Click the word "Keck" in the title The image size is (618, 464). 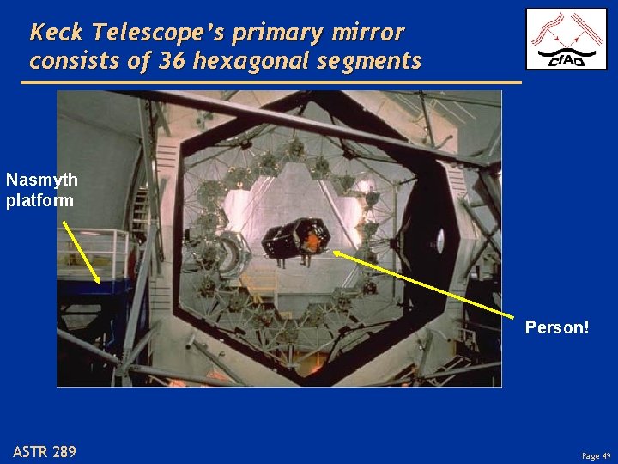point(57,33)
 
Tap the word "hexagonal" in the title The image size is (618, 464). point(257,62)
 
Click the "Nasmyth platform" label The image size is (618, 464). point(42,189)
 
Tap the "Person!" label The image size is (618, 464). point(557,327)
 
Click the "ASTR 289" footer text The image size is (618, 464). point(45,451)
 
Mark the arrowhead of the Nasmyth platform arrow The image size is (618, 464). point(98,281)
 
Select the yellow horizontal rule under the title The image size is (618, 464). point(270,82)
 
